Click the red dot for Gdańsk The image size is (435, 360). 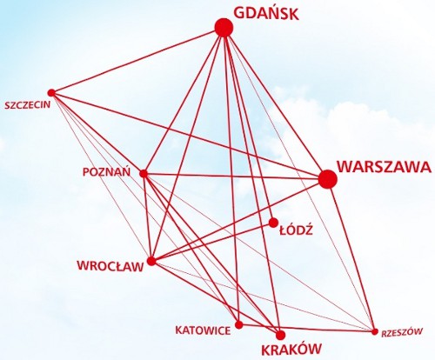tap(224, 28)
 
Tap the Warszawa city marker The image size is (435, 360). tap(328, 179)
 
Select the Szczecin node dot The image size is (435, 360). tap(51, 93)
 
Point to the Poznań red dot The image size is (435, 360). tap(144, 174)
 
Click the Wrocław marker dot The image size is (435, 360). tap(151, 261)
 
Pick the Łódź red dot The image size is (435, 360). tap(273, 223)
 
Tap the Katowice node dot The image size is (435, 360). tap(238, 324)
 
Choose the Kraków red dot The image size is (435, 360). tap(280, 335)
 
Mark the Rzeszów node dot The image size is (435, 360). tap(375, 331)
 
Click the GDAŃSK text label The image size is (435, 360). tap(266, 13)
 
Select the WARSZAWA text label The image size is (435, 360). tap(385, 167)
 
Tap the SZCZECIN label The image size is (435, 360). tap(27, 104)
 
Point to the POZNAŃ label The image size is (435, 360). tap(106, 171)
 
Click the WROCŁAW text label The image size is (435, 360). tap(110, 266)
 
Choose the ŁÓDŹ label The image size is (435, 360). tap(296, 230)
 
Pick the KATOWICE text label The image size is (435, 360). tap(203, 330)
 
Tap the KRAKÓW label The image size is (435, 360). tap(291, 350)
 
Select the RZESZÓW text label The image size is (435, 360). tap(402, 332)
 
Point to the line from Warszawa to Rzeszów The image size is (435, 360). tap(351, 255)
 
